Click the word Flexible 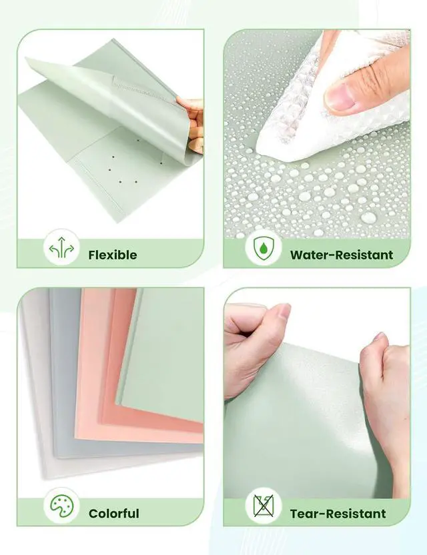tap(112, 254)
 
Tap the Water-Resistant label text tap(341, 254)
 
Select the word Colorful tap(113, 513)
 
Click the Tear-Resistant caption tap(338, 513)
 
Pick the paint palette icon tap(62, 508)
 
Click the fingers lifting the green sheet tap(193, 123)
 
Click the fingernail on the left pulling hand tap(283, 311)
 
